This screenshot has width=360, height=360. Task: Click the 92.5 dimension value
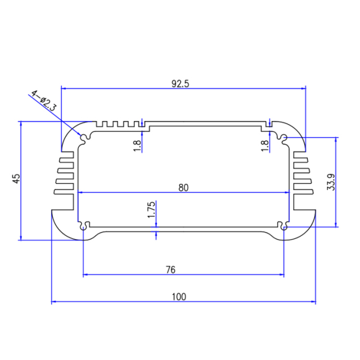tap(180, 84)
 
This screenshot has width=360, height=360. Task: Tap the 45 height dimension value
tap(16, 179)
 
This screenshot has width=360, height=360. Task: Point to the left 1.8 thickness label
tap(137, 145)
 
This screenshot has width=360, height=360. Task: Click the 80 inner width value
tap(183, 188)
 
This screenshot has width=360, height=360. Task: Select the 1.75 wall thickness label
tap(151, 209)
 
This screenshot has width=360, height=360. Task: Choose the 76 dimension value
tap(171, 270)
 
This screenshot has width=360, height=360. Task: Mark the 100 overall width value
tap(179, 296)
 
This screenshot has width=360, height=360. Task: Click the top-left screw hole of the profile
tap(85, 137)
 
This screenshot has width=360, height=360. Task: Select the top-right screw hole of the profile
tap(284, 137)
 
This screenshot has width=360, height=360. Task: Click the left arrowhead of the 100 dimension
tap(54, 302)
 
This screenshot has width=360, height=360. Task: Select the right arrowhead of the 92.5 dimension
tap(303, 88)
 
